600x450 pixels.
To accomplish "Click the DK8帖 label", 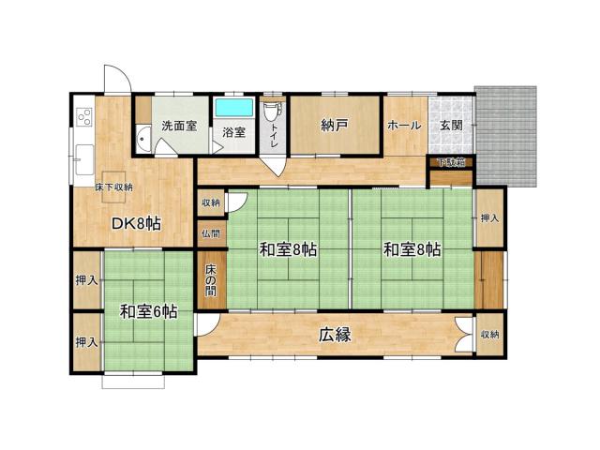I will tap(136, 223).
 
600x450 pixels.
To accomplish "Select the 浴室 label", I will tap(233, 132).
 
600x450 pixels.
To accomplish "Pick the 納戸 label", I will tap(334, 126).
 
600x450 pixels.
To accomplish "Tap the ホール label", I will tap(403, 125).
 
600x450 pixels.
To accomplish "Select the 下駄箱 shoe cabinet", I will tap(453, 162).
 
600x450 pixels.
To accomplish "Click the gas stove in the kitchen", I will tap(82, 118).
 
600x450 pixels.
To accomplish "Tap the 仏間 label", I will tap(210, 233).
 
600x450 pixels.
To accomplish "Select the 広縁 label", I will tap(334, 334).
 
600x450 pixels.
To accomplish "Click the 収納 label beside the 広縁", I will tap(489, 334).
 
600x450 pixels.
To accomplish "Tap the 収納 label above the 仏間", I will tap(210, 202).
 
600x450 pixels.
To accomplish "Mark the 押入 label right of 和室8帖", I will tap(488, 218).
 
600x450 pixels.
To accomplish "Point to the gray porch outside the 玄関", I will tap(506, 136).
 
